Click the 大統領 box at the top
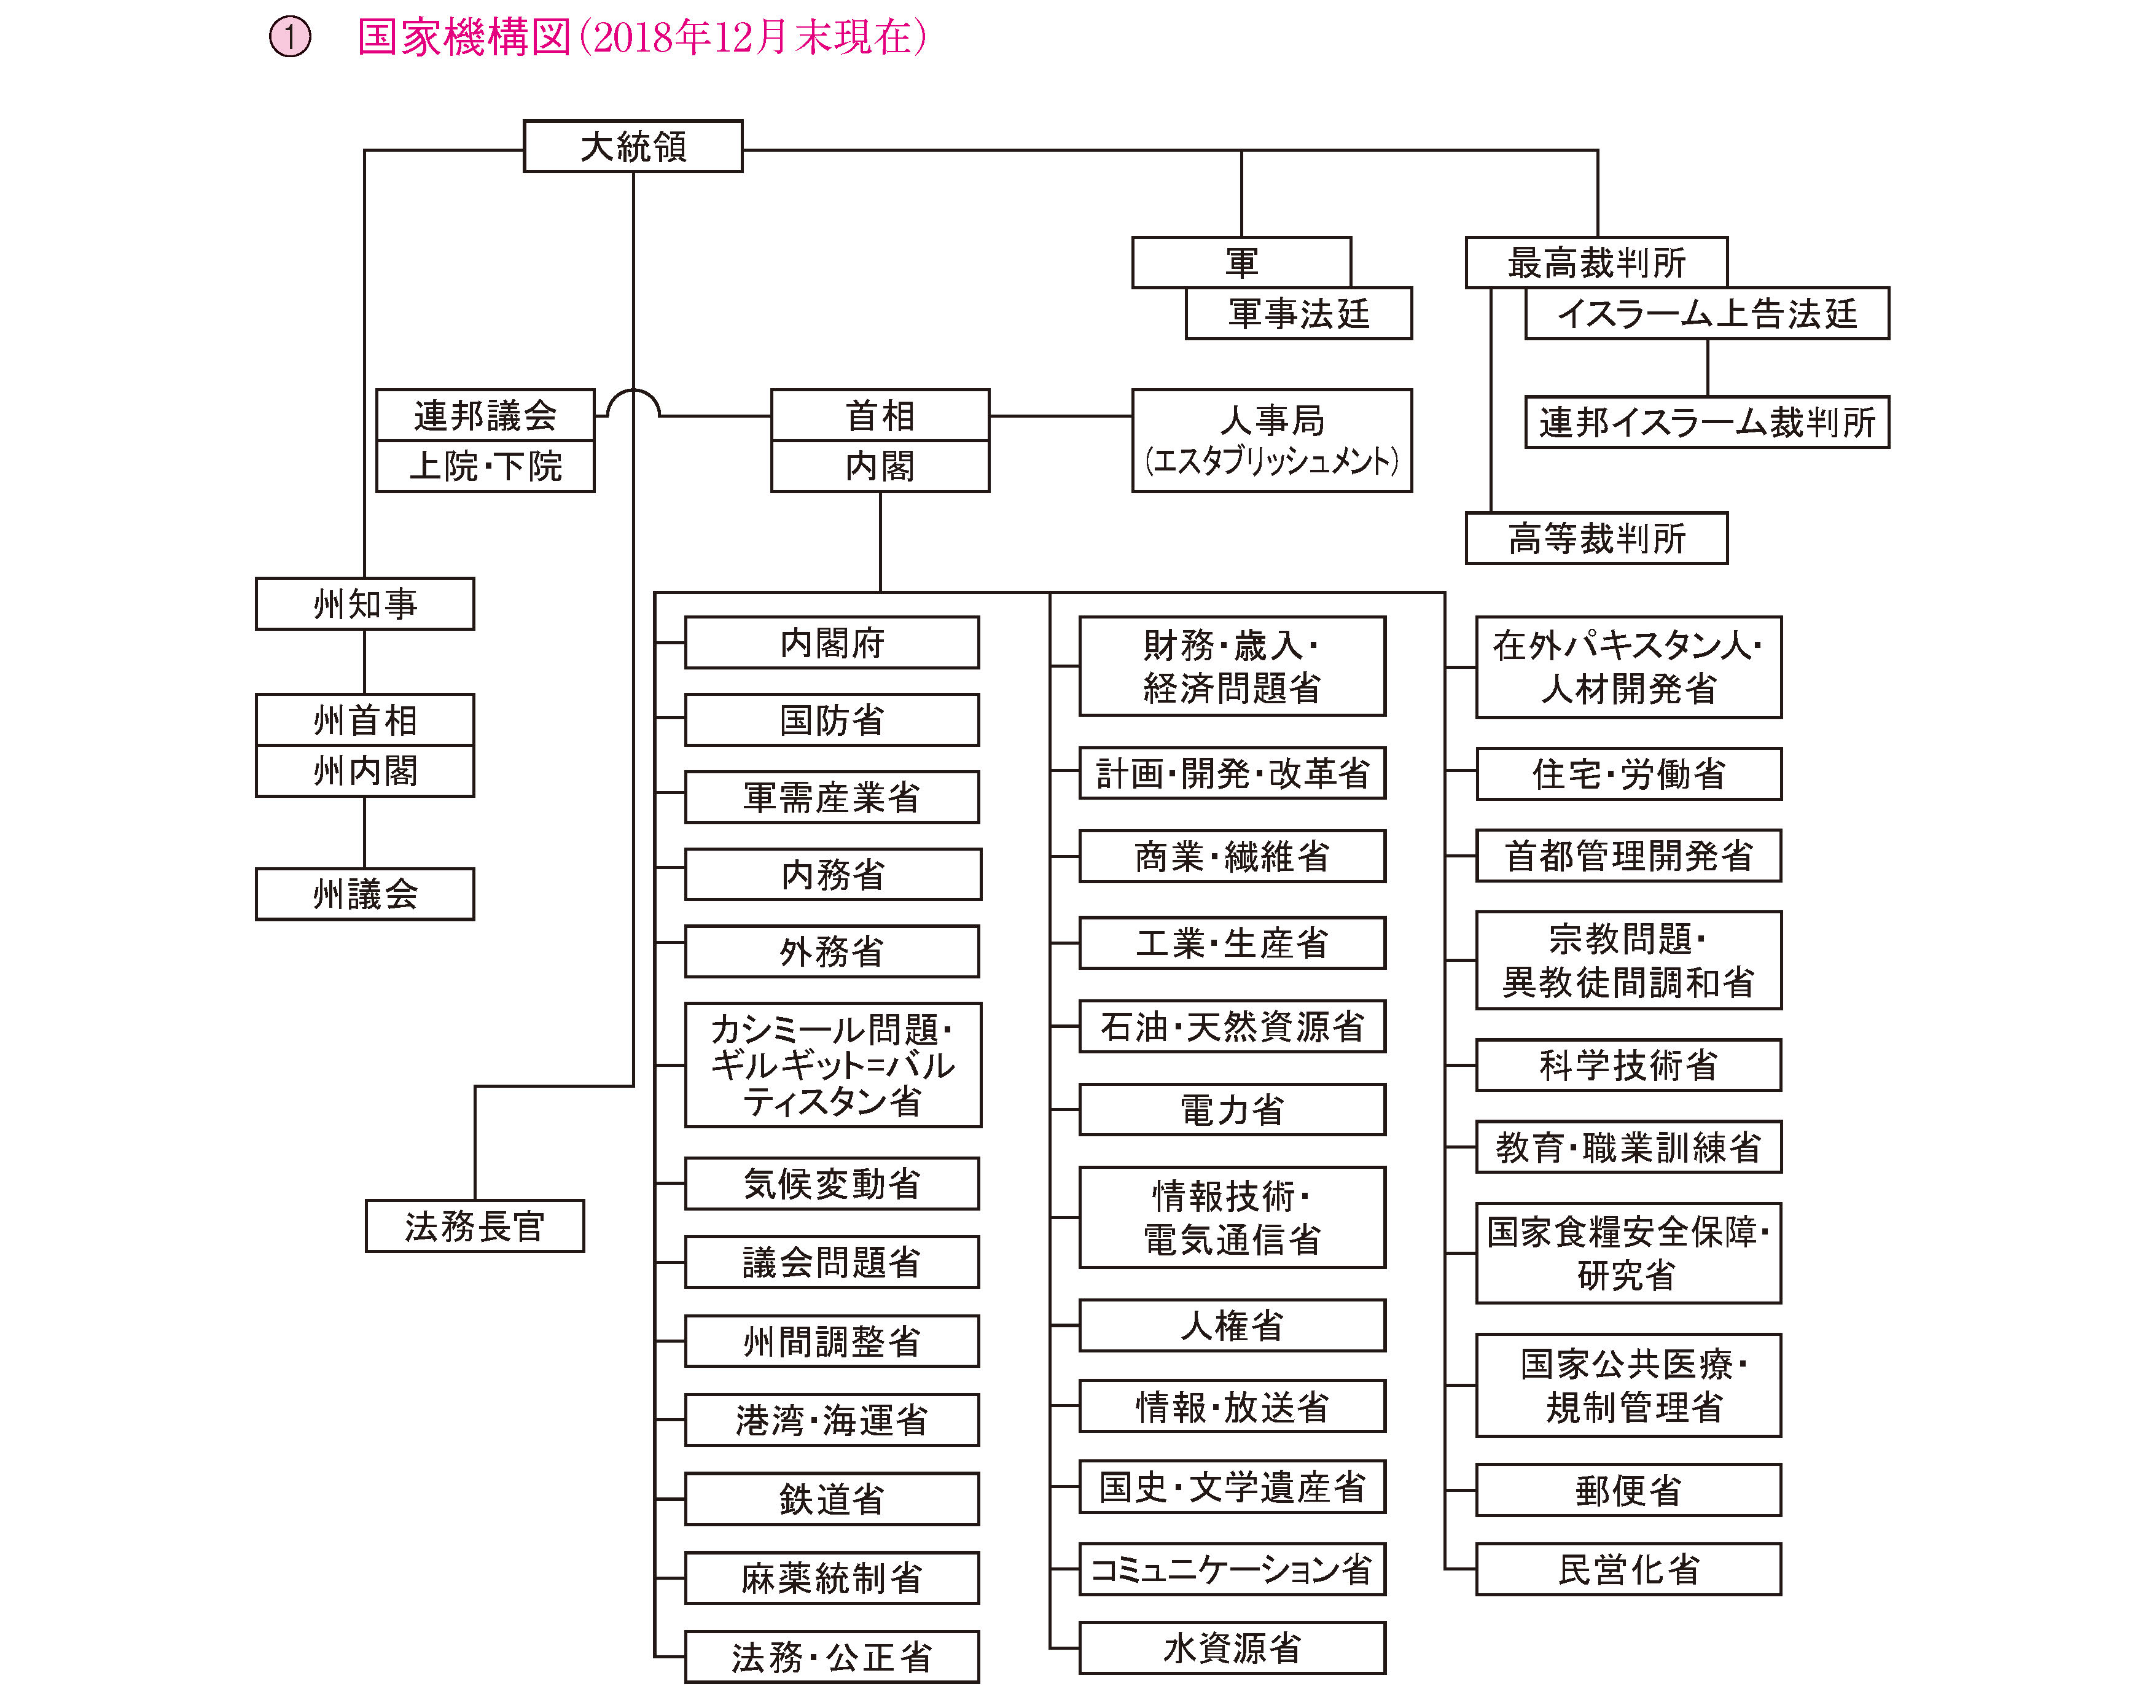[633, 146]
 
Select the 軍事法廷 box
[1298, 313]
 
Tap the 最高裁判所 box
[1596, 262]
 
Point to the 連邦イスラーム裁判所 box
[1706, 421]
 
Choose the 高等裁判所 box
[1596, 538]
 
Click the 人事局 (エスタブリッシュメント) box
[1271, 440]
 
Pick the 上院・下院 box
[485, 466]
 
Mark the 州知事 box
[365, 603]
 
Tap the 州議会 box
[365, 894]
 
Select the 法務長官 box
[474, 1226]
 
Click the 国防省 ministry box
[832, 719]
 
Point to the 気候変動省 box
[832, 1183]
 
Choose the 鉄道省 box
[832, 1499]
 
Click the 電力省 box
[1232, 1109]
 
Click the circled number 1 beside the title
[290, 38]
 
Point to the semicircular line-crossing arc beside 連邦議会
[634, 389]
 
